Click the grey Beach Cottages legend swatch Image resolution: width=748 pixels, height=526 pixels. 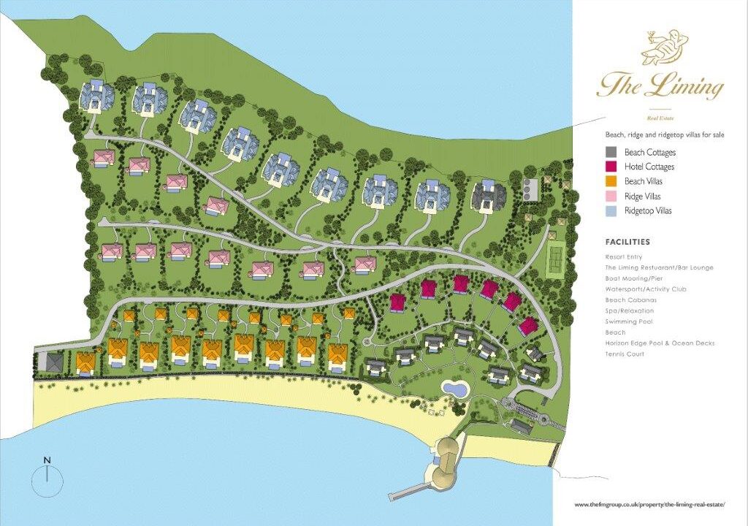[612, 153]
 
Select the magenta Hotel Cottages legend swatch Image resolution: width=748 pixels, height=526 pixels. [612, 167]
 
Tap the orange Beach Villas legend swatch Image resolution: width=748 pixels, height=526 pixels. [612, 182]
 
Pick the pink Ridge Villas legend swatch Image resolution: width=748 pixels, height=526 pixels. [612, 197]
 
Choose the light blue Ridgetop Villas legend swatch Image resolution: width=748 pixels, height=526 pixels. [612, 211]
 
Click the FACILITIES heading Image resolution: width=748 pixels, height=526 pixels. [627, 242]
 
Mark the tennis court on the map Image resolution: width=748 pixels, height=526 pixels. [557, 256]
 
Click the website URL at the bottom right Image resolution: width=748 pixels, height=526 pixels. [650, 505]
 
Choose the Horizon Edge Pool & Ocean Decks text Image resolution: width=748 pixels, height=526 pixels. [660, 343]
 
